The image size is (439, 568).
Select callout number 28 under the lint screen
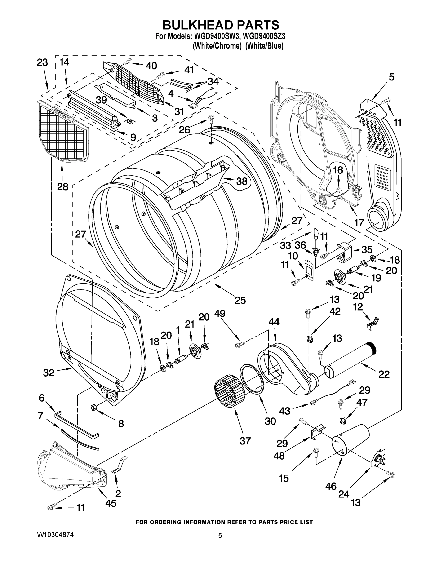coord(62,186)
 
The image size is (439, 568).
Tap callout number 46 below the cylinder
coord(331,486)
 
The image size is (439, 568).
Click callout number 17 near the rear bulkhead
coord(359,223)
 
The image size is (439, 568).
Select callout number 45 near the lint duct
coord(111,503)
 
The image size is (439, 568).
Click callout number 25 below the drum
coord(240,300)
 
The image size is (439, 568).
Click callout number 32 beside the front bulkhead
coord(49,373)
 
